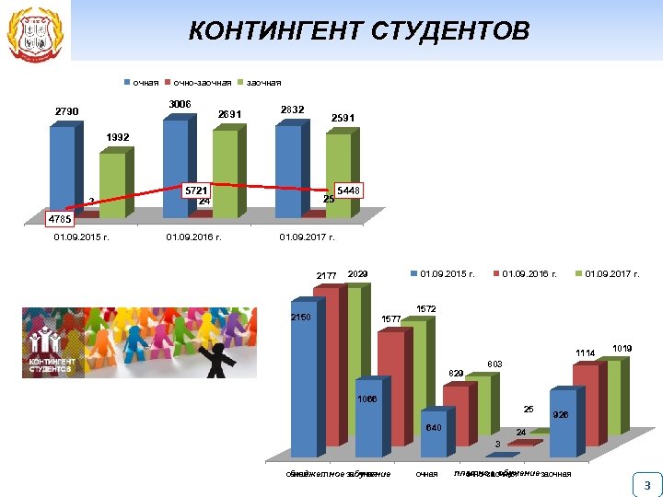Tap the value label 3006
tap(180, 104)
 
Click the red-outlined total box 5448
tap(350, 190)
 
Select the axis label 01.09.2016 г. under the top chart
tap(193, 237)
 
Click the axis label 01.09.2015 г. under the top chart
tap(82, 237)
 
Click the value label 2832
tap(292, 109)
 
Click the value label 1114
tap(586, 353)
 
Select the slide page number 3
tap(646, 485)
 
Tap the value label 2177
tap(327, 275)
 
